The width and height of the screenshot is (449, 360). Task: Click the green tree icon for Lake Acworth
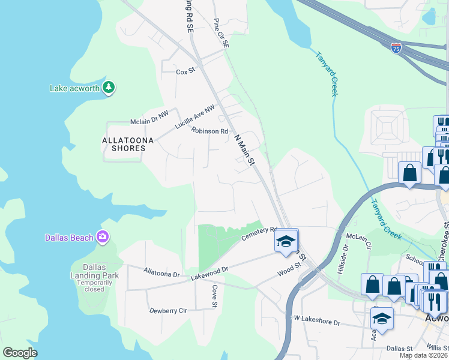(109, 88)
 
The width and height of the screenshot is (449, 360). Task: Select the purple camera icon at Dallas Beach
(103, 237)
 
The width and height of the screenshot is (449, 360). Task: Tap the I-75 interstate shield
(396, 47)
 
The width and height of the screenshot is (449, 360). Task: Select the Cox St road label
(185, 71)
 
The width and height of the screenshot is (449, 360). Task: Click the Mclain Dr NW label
(150, 122)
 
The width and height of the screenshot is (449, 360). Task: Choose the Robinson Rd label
(210, 131)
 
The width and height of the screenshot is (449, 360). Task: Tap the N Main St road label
(245, 150)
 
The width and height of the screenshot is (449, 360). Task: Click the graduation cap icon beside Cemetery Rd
(286, 242)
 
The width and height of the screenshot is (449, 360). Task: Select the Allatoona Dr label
(161, 273)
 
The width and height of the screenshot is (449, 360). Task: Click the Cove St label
(214, 296)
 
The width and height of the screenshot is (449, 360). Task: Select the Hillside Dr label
(345, 256)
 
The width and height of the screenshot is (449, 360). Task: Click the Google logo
(20, 353)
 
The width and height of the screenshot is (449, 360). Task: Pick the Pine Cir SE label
(221, 32)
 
